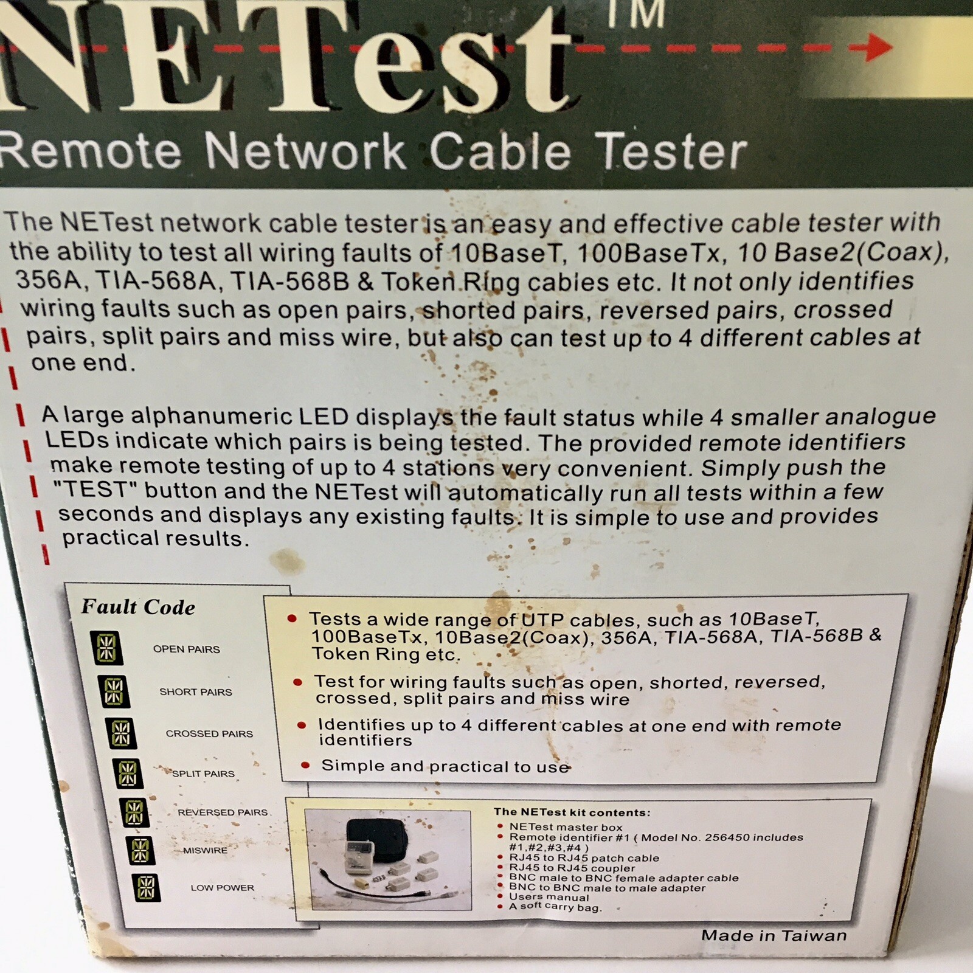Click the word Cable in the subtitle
[500, 151]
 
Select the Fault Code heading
[138, 607]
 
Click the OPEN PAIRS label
[186, 649]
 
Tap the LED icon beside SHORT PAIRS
[114, 691]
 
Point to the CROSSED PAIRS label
[209, 734]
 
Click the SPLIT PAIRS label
[203, 774]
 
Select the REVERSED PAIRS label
[223, 812]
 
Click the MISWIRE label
[206, 851]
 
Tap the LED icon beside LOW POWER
[146, 888]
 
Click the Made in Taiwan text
[774, 936]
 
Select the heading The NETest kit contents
[572, 812]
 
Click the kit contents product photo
[388, 859]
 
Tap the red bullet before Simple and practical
[305, 766]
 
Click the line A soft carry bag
[555, 907]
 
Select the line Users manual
[549, 898]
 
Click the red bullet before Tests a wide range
[292, 618]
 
